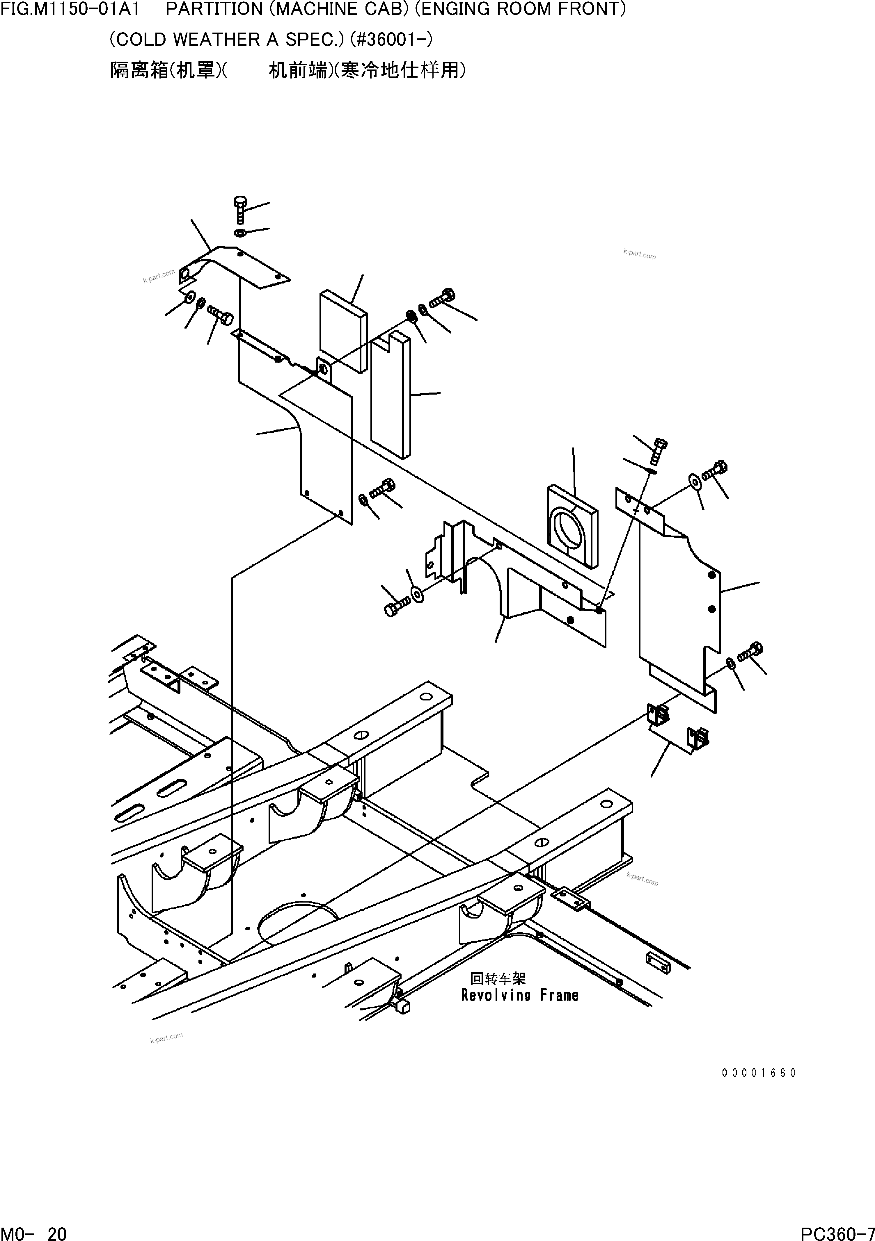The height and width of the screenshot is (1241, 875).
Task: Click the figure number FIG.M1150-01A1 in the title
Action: [x=71, y=9]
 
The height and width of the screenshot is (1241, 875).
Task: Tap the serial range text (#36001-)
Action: [x=392, y=40]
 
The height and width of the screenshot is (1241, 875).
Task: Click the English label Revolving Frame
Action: [x=520, y=995]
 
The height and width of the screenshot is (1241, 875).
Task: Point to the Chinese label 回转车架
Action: [x=498, y=978]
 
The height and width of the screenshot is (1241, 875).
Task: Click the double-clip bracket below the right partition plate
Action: [x=678, y=730]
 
